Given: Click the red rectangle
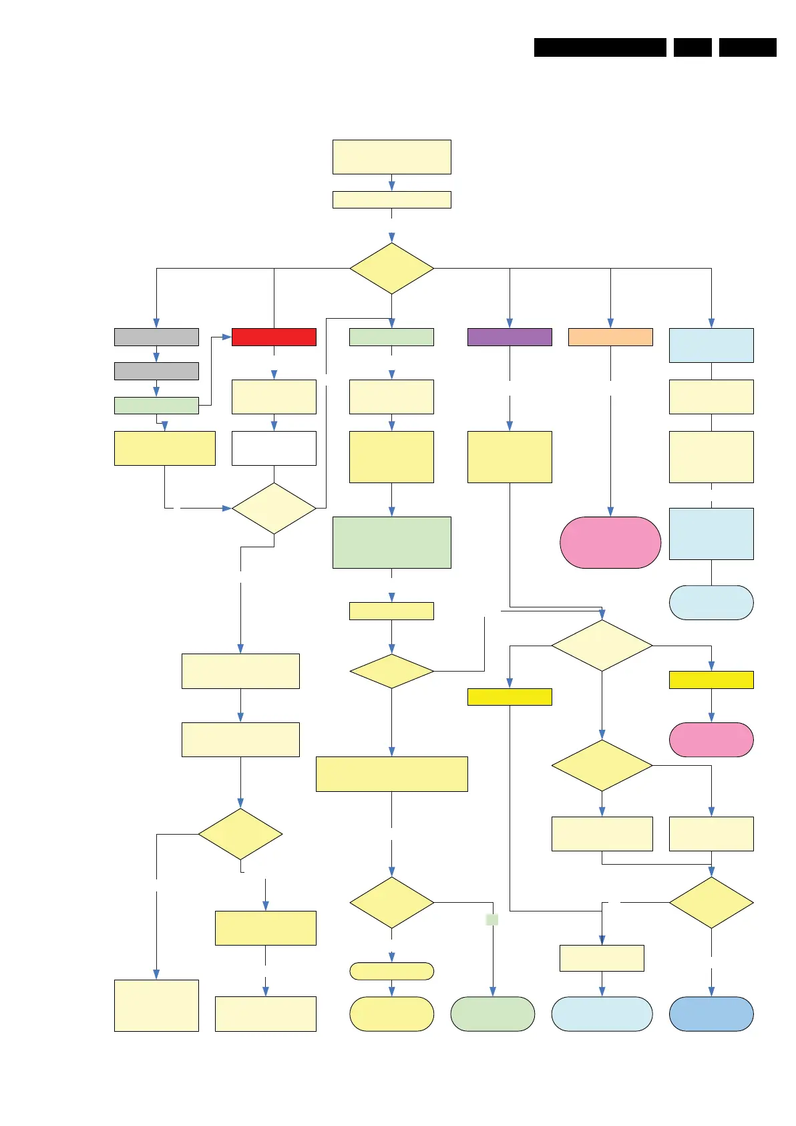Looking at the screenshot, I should point(274,337).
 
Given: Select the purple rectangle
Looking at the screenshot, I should point(510,337).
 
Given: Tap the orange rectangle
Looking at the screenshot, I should point(610,337).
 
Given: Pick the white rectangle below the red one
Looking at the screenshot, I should point(274,448).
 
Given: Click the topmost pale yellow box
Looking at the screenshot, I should point(392,157).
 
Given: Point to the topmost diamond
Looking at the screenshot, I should point(392,268).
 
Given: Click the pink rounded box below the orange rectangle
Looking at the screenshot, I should point(610,542).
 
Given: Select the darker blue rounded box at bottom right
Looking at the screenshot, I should point(711,1014).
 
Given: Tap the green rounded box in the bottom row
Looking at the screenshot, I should point(493,1014).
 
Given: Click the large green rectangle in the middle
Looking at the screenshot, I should point(392,542).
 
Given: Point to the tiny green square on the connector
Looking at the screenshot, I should point(492,920).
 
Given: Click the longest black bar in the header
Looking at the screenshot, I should point(600,47).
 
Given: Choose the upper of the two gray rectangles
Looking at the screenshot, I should point(156,337).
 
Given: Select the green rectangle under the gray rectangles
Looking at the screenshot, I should point(156,405).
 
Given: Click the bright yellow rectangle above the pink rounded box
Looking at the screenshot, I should point(711,680).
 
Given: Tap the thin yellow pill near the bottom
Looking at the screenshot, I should point(392,971).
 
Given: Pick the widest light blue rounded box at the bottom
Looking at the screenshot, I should point(602,1014).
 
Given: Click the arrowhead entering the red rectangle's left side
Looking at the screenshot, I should point(227,337).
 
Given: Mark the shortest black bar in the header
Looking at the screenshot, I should point(692,47).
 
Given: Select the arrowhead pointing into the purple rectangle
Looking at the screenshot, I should point(510,323).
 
